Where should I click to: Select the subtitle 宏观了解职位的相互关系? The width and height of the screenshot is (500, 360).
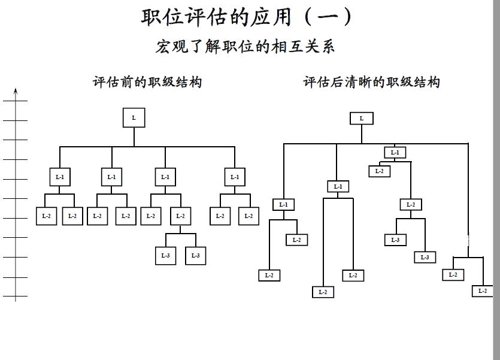pyautogui.click(x=245, y=46)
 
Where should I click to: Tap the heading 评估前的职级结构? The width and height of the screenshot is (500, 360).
pyautogui.click(x=147, y=82)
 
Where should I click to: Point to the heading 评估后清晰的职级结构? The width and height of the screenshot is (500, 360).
pyautogui.click(x=371, y=82)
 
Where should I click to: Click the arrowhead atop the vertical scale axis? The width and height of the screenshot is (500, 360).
pyautogui.click(x=16, y=91)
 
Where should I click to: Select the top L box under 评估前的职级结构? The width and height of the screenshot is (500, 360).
pyautogui.click(x=134, y=118)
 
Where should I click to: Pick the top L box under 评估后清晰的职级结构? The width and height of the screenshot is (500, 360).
pyautogui.click(x=361, y=119)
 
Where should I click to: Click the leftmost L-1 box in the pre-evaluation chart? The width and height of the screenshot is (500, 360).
pyautogui.click(x=59, y=177)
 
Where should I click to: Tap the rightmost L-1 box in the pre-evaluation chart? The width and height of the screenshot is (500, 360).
pyautogui.click(x=235, y=177)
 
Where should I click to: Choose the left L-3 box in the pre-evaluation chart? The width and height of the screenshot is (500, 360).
pyautogui.click(x=165, y=255)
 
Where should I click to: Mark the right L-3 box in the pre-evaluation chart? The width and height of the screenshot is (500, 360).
pyautogui.click(x=195, y=255)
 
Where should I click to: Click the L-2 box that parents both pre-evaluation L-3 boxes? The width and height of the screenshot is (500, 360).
pyautogui.click(x=180, y=216)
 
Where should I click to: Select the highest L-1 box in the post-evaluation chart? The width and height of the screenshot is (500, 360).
pyautogui.click(x=395, y=153)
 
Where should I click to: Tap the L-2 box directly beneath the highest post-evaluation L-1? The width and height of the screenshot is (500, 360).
pyautogui.click(x=379, y=171)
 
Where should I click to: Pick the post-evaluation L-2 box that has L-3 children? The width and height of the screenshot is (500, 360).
pyautogui.click(x=410, y=205)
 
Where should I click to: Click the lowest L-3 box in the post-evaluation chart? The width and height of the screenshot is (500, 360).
pyautogui.click(x=425, y=258)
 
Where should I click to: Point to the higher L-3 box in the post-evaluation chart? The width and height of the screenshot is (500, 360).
pyautogui.click(x=395, y=240)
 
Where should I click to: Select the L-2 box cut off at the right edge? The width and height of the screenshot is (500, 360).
pyautogui.click(x=483, y=291)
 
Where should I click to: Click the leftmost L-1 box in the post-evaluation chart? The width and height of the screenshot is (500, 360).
pyautogui.click(x=283, y=205)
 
